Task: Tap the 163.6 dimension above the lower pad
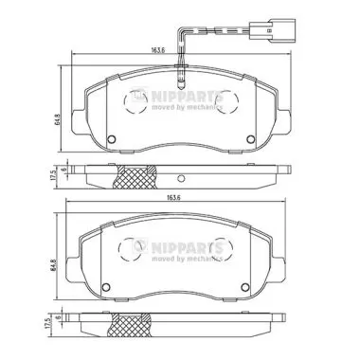[x=171, y=197]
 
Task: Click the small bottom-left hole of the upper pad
[x=112, y=143]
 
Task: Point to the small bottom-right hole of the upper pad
[x=250, y=143]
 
